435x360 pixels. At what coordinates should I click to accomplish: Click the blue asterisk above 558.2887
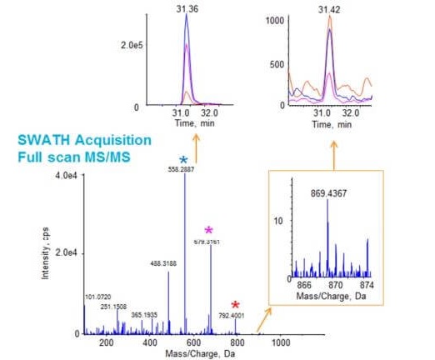[184, 158]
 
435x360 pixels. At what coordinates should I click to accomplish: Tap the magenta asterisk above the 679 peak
[209, 229]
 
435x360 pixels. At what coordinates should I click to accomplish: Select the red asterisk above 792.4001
[236, 305]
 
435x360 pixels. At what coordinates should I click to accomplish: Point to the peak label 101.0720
[97, 296]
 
